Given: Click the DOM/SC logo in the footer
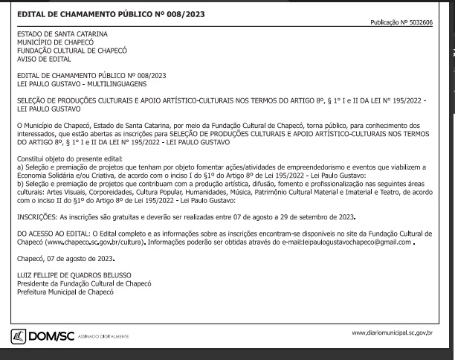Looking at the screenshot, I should coord(51,336).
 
